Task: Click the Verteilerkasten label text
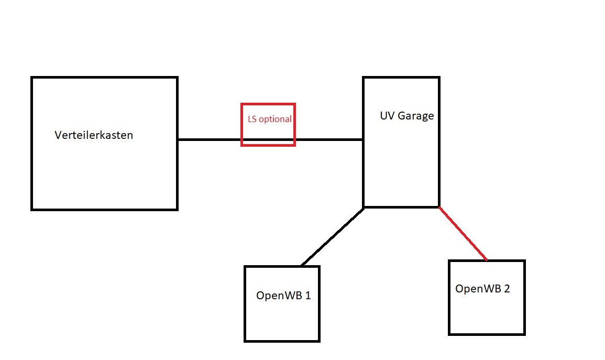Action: (94, 135)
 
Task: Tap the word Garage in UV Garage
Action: (416, 116)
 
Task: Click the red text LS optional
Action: (269, 119)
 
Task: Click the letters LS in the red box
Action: (252, 119)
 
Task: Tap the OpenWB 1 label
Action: (283, 295)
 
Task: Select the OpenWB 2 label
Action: (482, 289)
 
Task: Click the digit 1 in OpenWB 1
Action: (307, 295)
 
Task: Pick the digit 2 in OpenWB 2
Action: (507, 289)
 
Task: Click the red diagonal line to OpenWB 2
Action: (463, 234)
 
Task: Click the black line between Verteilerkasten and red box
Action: (210, 139)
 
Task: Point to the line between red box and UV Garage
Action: (329, 139)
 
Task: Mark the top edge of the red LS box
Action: (268, 104)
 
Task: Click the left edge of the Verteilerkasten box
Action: (32, 144)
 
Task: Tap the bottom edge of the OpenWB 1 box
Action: (282, 341)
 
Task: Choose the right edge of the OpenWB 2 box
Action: (524, 298)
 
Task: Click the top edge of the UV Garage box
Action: (401, 78)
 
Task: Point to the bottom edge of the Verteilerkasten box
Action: (105, 209)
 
